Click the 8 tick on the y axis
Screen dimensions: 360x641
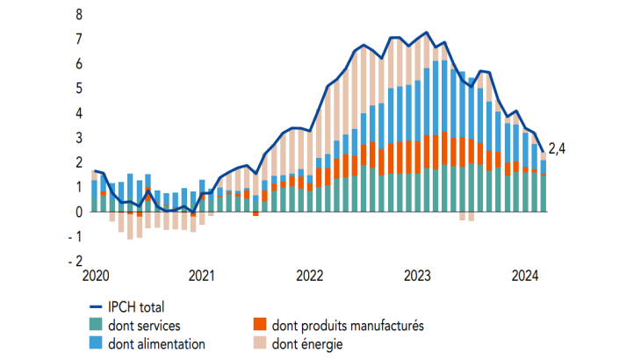coord(79,15)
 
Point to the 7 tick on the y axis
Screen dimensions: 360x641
coord(79,40)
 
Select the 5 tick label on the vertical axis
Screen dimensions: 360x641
coord(79,89)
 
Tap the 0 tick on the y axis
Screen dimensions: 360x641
coord(79,212)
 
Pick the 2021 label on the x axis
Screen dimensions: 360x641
coord(202,277)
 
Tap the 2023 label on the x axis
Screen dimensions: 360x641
coord(417,277)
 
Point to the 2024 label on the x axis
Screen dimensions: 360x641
coord(525,277)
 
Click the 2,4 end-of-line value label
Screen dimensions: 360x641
coord(557,148)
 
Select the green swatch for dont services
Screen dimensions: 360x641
coord(96,326)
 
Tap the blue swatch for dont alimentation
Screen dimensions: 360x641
coord(96,343)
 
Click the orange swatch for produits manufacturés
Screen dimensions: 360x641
coord(259,326)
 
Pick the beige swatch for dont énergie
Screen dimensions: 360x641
coord(259,343)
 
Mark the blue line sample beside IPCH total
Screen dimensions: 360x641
coord(96,307)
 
